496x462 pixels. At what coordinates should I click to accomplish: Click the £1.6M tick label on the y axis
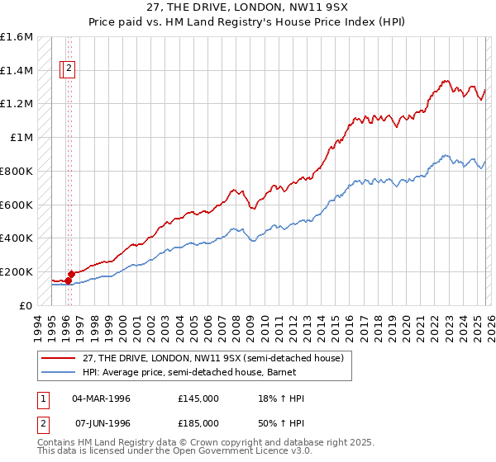click(x=17, y=37)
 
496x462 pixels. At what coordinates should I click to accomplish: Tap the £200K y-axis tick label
click(x=17, y=271)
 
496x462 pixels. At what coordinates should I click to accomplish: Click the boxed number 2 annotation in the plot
click(x=69, y=69)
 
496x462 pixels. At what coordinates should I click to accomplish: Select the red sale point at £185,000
click(x=71, y=274)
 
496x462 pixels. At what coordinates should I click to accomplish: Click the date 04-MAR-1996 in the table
click(x=101, y=398)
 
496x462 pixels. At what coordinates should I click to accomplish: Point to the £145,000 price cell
click(x=198, y=398)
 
